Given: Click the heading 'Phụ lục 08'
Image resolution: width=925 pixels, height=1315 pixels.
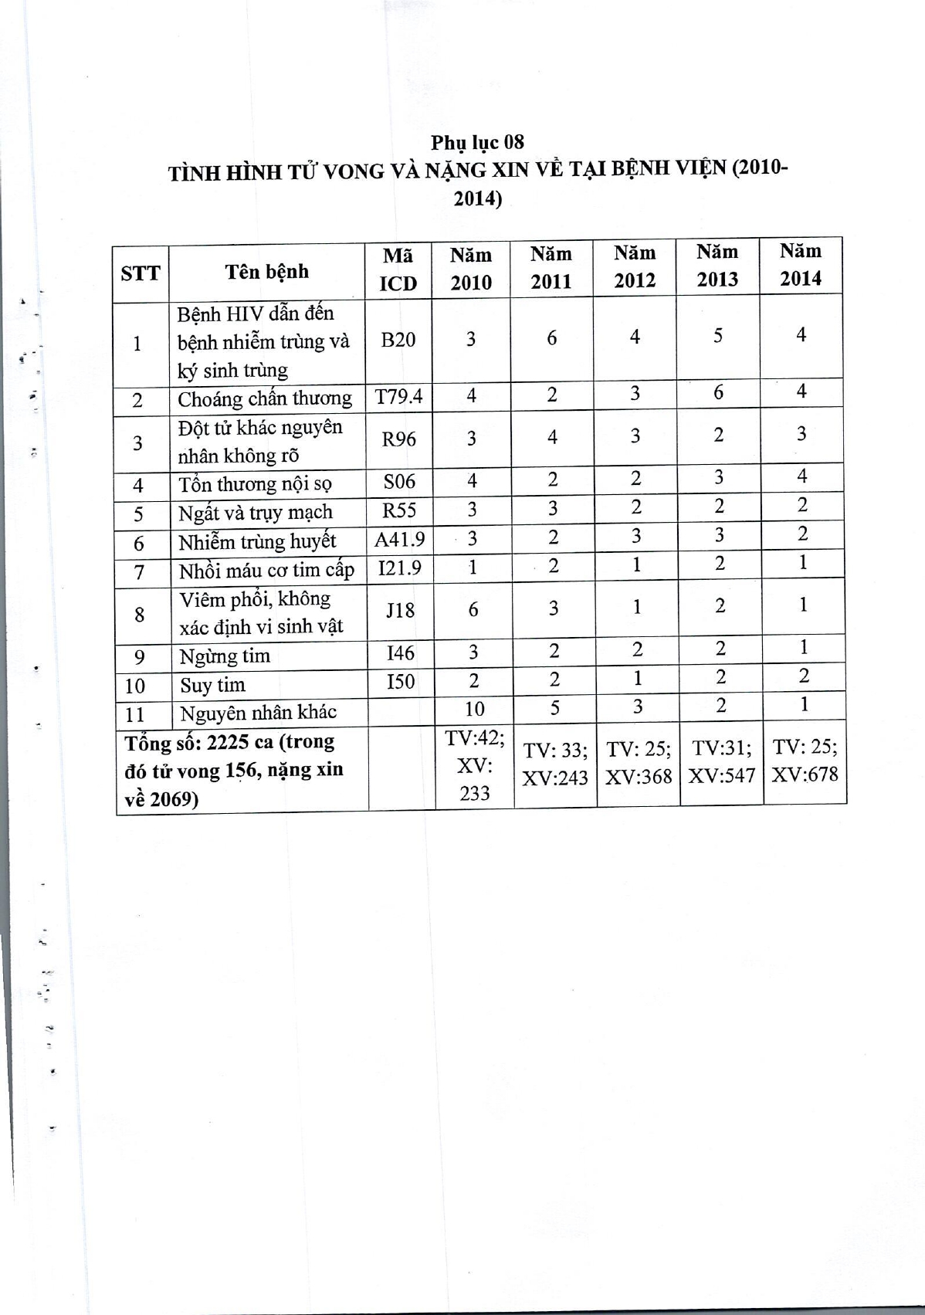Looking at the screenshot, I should click(x=477, y=142).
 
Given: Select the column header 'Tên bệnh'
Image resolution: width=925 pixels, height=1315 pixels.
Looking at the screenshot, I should click(x=266, y=272).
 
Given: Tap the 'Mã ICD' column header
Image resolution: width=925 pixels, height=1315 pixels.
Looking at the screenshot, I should click(x=398, y=269).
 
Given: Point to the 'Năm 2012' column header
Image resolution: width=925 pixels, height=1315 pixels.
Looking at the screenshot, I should click(x=634, y=266).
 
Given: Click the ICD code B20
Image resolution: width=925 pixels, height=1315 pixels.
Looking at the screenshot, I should click(x=398, y=340).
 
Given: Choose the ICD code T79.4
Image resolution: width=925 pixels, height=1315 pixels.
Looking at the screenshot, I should click(x=398, y=397).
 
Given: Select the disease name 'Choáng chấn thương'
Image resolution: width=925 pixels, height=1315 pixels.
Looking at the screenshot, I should click(x=264, y=399).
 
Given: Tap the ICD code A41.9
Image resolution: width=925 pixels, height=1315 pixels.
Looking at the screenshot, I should click(x=399, y=540).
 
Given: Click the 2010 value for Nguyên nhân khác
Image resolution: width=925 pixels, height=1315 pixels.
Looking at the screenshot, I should click(x=474, y=709).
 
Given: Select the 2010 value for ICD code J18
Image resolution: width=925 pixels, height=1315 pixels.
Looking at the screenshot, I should click(x=473, y=610).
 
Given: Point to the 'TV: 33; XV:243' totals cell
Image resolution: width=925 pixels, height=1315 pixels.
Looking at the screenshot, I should click(x=555, y=764).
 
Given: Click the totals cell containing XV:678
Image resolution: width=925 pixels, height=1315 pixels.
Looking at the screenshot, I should click(x=805, y=761).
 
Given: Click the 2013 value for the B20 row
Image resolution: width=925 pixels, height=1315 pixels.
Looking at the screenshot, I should click(x=718, y=336).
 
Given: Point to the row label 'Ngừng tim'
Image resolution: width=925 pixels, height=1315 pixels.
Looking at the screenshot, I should click(x=225, y=656).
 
